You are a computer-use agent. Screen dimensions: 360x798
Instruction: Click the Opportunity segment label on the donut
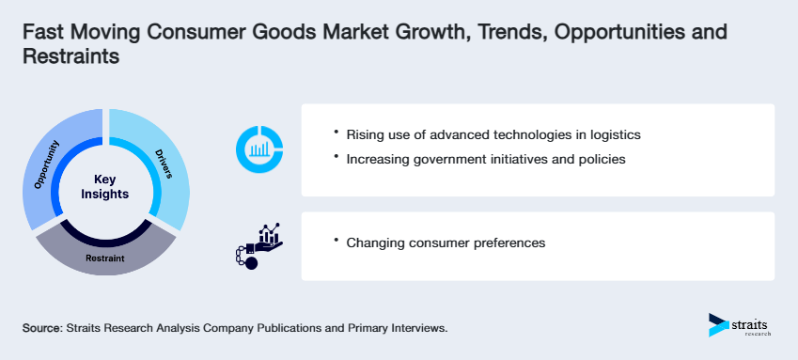pyautogui.click(x=47, y=165)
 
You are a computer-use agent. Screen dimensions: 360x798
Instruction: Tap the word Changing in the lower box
pyautogui.click(x=375, y=243)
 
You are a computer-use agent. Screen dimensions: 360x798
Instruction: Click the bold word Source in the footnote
pyautogui.click(x=41, y=328)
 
